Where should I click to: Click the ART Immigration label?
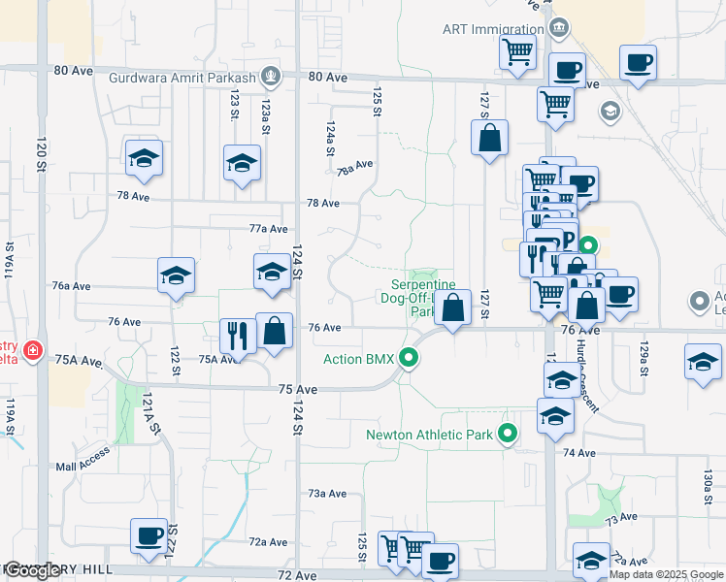coord(493,29)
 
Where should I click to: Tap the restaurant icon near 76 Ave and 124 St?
coord(238,335)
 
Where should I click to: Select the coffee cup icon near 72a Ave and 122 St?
coord(149,534)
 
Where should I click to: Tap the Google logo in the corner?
coord(33,571)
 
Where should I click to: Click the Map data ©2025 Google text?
coord(666,574)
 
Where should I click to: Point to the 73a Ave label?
coord(327,494)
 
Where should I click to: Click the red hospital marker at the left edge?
coord(33,348)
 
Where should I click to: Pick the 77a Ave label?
coord(269,229)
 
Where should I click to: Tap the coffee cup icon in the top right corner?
coord(638,63)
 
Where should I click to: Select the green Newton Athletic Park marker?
coord(507,435)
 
